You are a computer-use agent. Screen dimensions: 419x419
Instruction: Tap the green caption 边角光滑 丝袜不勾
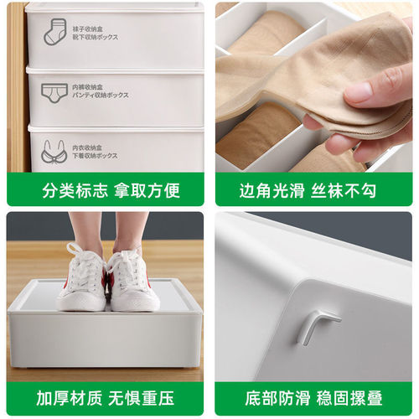click(x=313, y=190)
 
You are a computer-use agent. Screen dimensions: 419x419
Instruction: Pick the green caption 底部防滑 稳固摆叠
click(x=313, y=398)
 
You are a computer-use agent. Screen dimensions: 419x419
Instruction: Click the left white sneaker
click(x=82, y=281)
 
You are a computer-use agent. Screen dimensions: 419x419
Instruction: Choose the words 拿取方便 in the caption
click(x=146, y=190)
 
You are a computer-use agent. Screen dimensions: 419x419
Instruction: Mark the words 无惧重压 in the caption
click(x=146, y=398)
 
